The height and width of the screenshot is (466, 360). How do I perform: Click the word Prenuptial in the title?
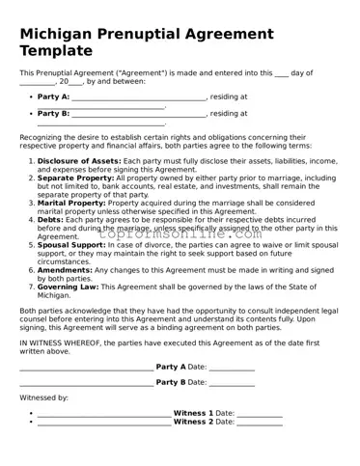(x=153, y=34)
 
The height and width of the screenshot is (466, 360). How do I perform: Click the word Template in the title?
(x=57, y=51)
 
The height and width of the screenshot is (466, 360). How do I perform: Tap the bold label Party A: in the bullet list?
(x=53, y=97)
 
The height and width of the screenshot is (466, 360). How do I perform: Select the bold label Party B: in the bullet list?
(x=53, y=114)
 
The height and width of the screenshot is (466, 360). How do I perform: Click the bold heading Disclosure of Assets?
(x=80, y=160)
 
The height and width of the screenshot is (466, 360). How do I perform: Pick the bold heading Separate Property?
(x=75, y=178)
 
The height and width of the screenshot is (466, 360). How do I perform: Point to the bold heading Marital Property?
(x=72, y=204)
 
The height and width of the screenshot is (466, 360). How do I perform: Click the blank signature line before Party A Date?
(x=86, y=369)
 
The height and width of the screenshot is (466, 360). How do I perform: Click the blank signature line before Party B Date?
(x=86, y=384)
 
